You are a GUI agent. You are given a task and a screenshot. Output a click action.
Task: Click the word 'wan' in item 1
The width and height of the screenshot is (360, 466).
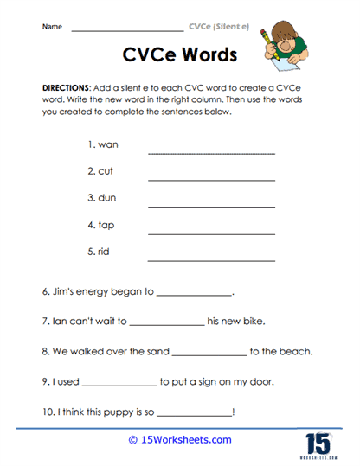(107, 144)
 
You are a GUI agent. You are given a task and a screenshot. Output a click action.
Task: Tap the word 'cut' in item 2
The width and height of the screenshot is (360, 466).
(106, 171)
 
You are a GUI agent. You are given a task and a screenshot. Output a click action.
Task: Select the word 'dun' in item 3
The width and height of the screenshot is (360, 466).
(107, 198)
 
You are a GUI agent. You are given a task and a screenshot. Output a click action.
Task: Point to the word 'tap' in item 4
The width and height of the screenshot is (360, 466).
(106, 225)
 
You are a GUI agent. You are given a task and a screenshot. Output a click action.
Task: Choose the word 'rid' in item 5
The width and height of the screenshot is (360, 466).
(105, 252)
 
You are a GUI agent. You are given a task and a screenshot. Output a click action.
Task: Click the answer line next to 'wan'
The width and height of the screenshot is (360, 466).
(211, 153)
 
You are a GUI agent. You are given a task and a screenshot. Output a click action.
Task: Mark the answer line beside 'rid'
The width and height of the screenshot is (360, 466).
(211, 260)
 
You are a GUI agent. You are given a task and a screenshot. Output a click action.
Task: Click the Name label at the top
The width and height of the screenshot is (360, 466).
(52, 27)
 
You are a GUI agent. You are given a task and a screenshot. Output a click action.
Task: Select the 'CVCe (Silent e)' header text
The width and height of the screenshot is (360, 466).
(219, 27)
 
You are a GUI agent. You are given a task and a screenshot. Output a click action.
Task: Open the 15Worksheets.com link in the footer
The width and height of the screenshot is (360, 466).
(180, 440)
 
